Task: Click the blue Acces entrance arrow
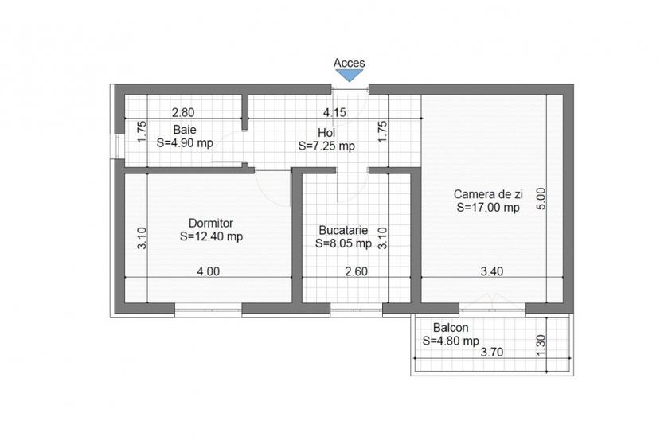click(349, 75)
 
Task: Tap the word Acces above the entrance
click(349, 63)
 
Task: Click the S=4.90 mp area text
click(185, 143)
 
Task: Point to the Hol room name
click(326, 133)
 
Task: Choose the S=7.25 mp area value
click(326, 146)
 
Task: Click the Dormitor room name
click(211, 223)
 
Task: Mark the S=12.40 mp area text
click(211, 236)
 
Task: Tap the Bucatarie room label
click(342, 229)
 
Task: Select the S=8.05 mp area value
click(343, 243)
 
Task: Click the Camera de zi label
click(486, 193)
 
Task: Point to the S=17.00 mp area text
click(487, 208)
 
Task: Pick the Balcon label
click(451, 328)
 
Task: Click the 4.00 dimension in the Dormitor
click(208, 271)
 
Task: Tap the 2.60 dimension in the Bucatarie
click(355, 271)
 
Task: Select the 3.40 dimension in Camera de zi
click(492, 271)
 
